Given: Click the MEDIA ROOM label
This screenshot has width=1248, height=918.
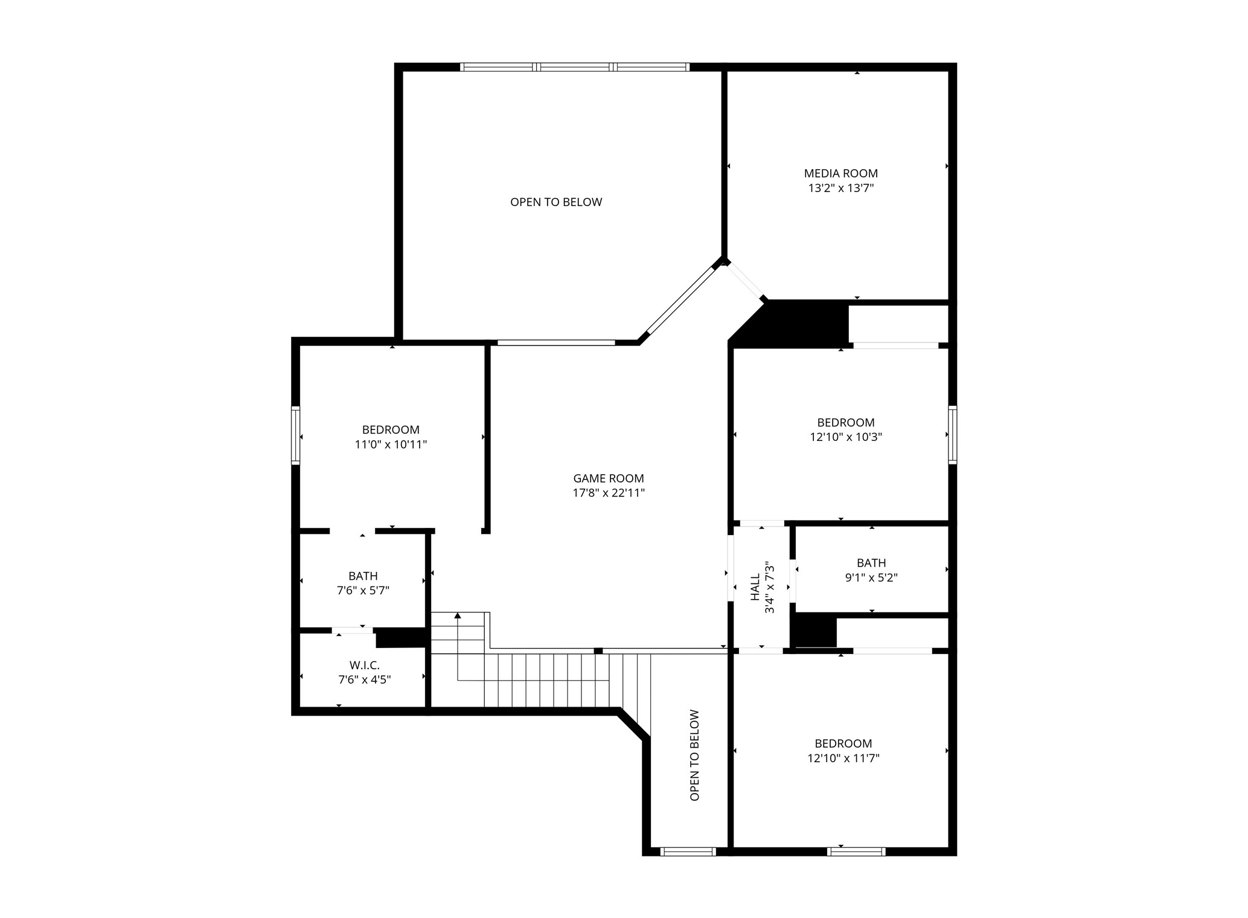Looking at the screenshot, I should [840, 174].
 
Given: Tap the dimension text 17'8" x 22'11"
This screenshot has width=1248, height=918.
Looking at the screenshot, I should [609, 493].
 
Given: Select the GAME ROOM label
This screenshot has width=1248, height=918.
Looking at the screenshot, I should [609, 479].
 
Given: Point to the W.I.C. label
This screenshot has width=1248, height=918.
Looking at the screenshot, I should [364, 666].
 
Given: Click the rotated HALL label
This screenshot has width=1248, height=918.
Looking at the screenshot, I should [755, 588].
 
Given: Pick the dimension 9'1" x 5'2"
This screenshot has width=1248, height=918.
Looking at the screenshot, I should [871, 578].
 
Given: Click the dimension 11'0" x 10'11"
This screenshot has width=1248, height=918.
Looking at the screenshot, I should [391, 445].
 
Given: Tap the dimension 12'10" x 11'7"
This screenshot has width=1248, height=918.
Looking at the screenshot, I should [843, 759].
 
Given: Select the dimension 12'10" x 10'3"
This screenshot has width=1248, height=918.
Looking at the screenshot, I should [845, 437].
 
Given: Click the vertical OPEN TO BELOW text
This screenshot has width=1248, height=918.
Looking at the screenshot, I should [694, 755].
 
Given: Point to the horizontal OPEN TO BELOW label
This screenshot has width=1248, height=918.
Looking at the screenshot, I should [556, 202].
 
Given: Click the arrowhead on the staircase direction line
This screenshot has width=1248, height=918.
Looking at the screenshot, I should [458, 616].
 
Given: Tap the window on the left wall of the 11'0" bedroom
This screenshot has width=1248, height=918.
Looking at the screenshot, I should [296, 435].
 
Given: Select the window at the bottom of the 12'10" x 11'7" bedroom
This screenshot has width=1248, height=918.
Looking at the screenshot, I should [856, 852].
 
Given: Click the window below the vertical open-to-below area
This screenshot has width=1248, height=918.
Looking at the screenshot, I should [688, 852].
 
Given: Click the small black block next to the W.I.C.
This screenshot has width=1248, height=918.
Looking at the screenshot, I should [401, 638].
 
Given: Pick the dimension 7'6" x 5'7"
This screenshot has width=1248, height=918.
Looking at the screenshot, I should [363, 591].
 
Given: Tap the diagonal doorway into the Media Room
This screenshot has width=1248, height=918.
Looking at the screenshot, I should [744, 281].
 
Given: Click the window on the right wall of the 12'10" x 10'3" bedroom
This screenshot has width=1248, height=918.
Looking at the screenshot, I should [952, 435].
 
